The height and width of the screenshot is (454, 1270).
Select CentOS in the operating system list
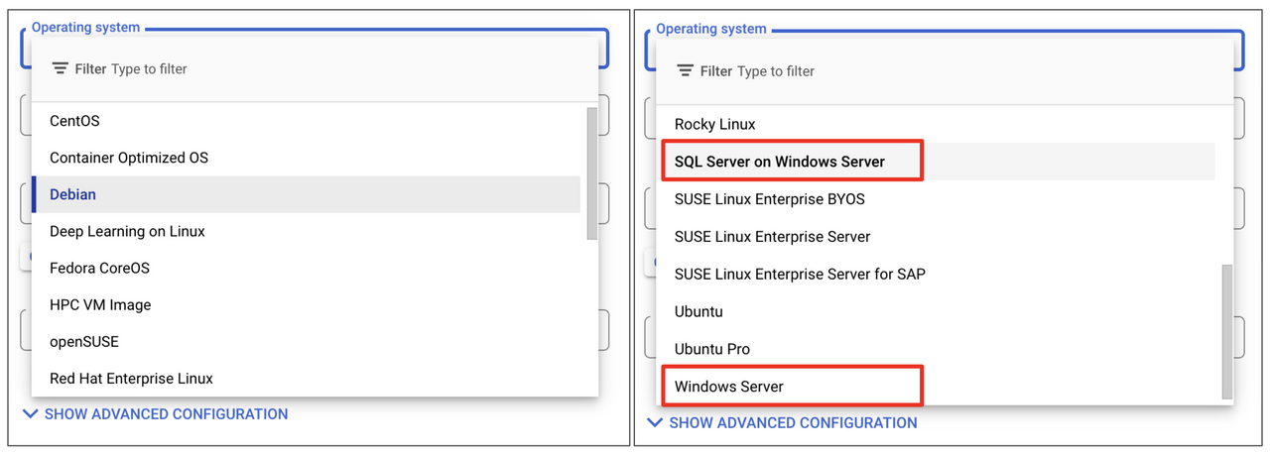(x=74, y=121)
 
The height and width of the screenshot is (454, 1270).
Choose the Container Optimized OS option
(x=129, y=158)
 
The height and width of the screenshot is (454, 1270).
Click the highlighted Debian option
(x=72, y=194)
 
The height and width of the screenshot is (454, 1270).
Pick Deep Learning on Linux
(x=127, y=232)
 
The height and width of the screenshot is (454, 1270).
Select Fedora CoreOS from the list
(x=99, y=269)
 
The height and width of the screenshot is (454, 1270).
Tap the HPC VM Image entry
(x=100, y=305)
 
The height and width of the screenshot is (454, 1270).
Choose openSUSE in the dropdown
(x=84, y=342)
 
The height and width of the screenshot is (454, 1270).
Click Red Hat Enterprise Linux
(x=131, y=379)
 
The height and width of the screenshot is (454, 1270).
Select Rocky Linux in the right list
(x=714, y=125)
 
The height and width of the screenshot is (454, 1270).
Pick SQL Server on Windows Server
(x=779, y=162)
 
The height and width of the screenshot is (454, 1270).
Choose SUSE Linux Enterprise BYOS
(x=769, y=199)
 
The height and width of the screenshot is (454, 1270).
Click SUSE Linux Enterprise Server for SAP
(x=800, y=275)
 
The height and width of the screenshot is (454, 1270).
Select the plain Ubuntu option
(x=698, y=312)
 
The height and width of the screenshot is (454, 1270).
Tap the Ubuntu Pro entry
(x=712, y=349)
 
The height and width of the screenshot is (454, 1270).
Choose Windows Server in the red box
(x=728, y=387)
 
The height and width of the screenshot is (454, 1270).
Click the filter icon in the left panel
(x=61, y=68)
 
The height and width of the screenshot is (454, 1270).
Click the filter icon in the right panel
(x=685, y=70)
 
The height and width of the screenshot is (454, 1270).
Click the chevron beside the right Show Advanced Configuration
(x=654, y=422)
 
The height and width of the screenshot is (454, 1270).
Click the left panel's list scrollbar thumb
(x=592, y=173)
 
